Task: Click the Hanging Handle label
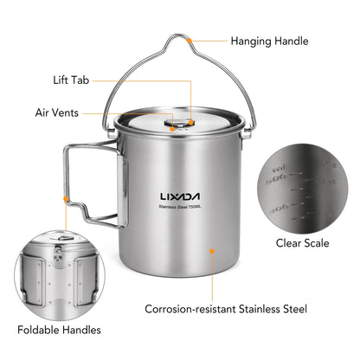[x=269, y=42]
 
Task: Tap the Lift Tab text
[x=71, y=80]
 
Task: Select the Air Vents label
[x=57, y=112]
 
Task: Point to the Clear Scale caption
[x=302, y=243]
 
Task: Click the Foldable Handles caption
[x=59, y=330]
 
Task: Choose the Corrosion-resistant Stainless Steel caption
[x=226, y=309]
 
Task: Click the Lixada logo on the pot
[x=180, y=196]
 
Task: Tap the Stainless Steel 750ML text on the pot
[x=180, y=207]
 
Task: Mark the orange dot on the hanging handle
[x=189, y=41]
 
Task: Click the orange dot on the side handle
[x=66, y=199]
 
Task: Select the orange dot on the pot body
[x=212, y=251]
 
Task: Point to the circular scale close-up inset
[x=303, y=189]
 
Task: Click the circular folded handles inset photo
[x=60, y=275]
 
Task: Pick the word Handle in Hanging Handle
[x=292, y=42]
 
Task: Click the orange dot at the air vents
[x=172, y=129]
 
